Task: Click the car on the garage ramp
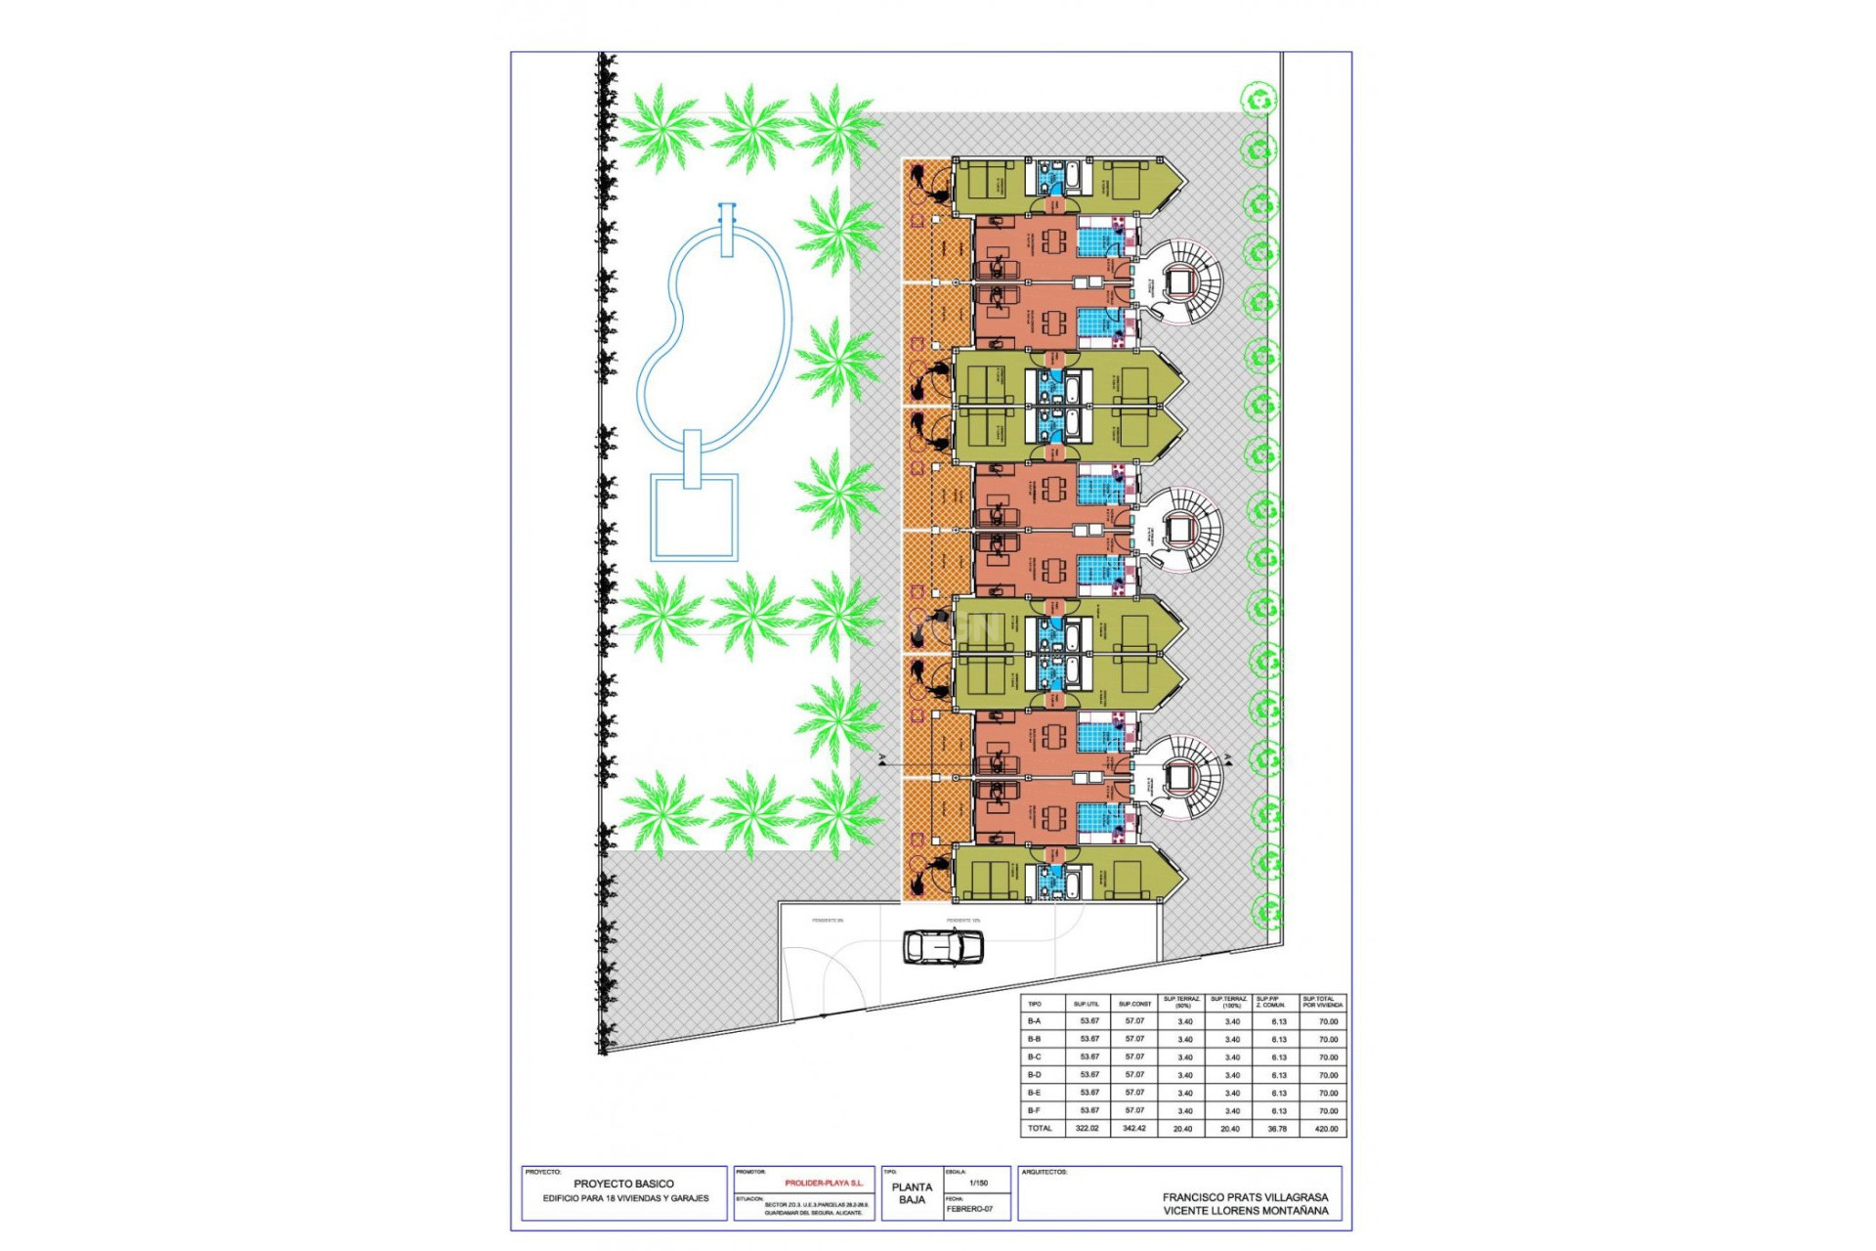(942, 947)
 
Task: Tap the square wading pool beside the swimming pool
(694, 516)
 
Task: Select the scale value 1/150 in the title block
(977, 1183)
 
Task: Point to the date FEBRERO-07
(969, 1209)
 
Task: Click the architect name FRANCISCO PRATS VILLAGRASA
(1245, 1196)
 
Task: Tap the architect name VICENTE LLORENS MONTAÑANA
(1245, 1210)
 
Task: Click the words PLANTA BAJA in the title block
(912, 1193)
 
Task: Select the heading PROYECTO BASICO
(623, 1184)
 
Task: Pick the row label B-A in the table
(1034, 1021)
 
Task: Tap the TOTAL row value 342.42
(1133, 1128)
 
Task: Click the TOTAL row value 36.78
(1277, 1128)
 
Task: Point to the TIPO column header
(1035, 1004)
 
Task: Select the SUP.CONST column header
(1134, 1004)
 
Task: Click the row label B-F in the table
(1034, 1110)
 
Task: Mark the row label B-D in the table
(1034, 1075)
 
